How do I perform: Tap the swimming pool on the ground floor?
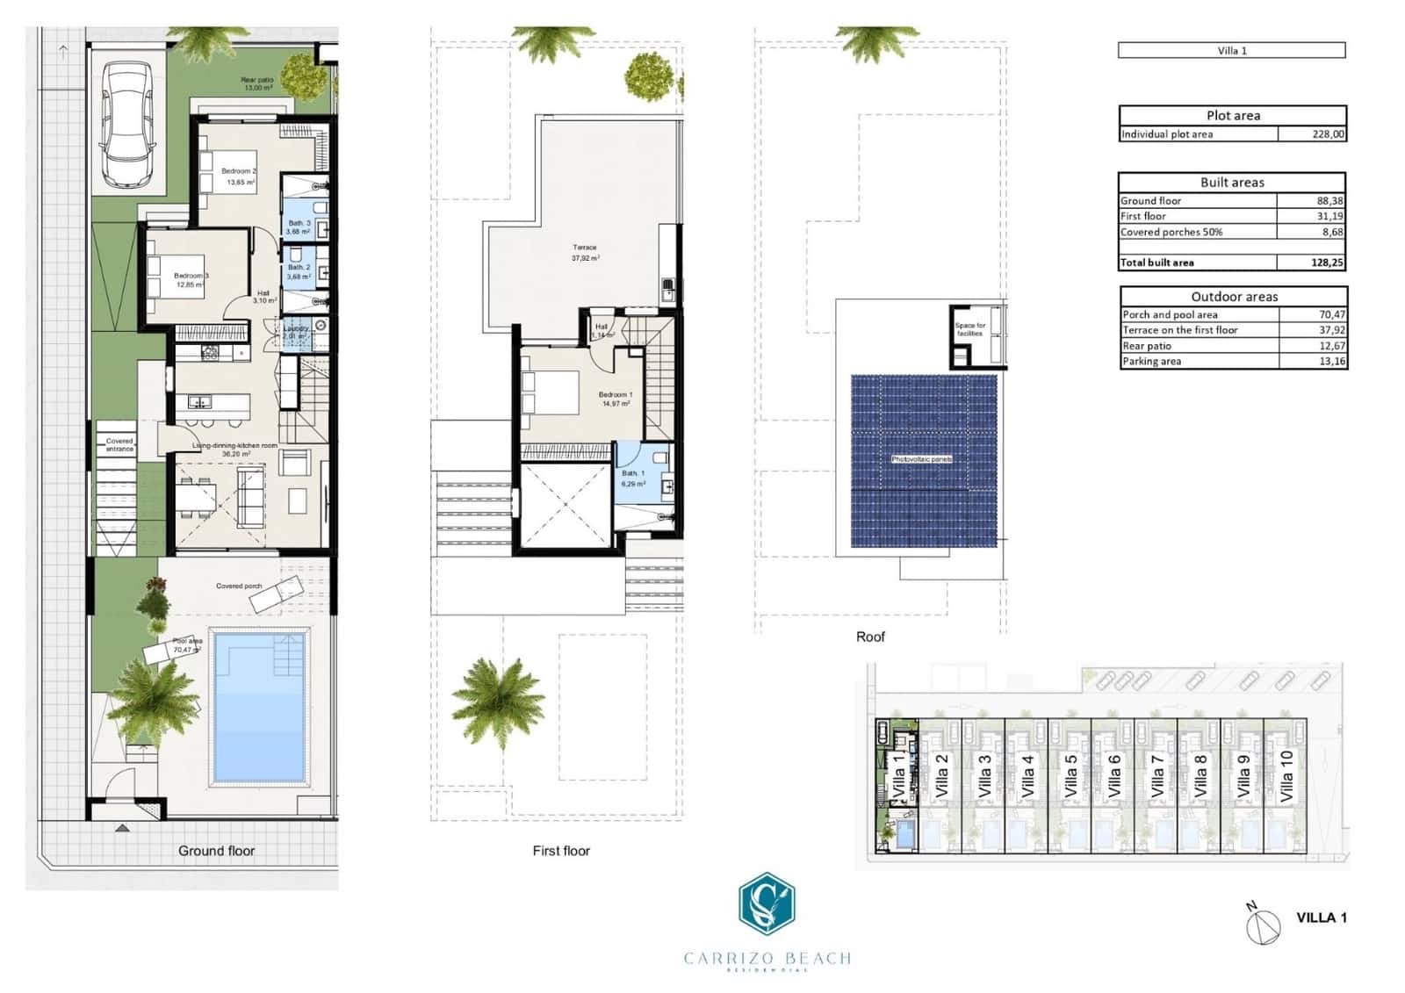click(260, 706)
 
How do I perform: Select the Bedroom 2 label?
click(238, 171)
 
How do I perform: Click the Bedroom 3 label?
click(191, 276)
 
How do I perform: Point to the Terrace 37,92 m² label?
click(584, 253)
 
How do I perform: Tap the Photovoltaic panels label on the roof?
click(921, 459)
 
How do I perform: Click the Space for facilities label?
click(969, 329)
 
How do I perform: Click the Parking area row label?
click(1151, 362)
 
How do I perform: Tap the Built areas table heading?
click(1232, 183)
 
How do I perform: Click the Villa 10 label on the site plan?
click(1286, 775)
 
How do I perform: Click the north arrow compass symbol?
click(1262, 925)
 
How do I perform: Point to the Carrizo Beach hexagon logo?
click(767, 904)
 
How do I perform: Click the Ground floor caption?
click(216, 851)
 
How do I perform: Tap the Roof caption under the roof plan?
click(870, 637)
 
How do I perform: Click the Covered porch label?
click(239, 586)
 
